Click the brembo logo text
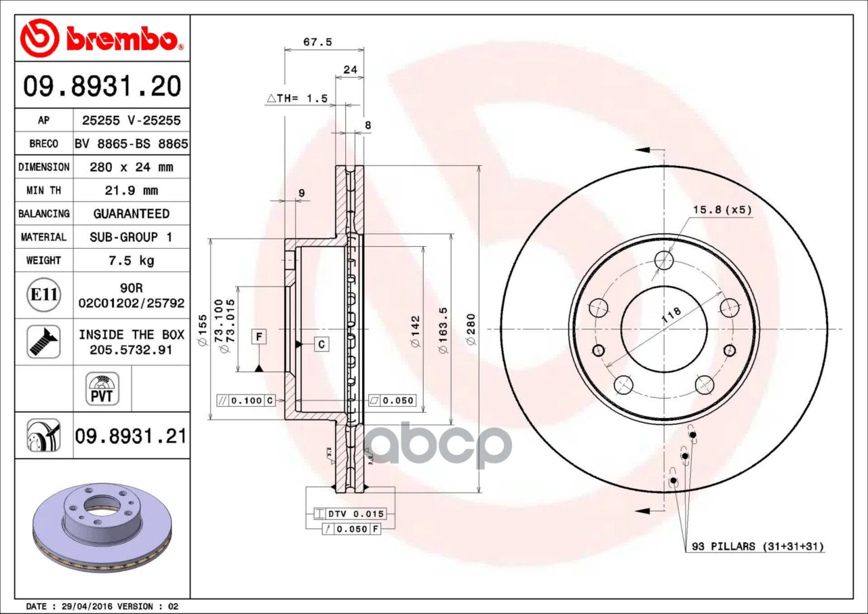(x=121, y=39)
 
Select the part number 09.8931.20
(x=102, y=86)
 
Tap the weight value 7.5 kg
(x=132, y=260)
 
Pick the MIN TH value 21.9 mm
(x=132, y=190)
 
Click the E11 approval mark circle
(x=44, y=295)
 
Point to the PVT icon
(x=102, y=389)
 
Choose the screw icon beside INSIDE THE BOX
(x=43, y=342)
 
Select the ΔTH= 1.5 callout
(x=297, y=99)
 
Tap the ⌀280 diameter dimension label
(x=471, y=329)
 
